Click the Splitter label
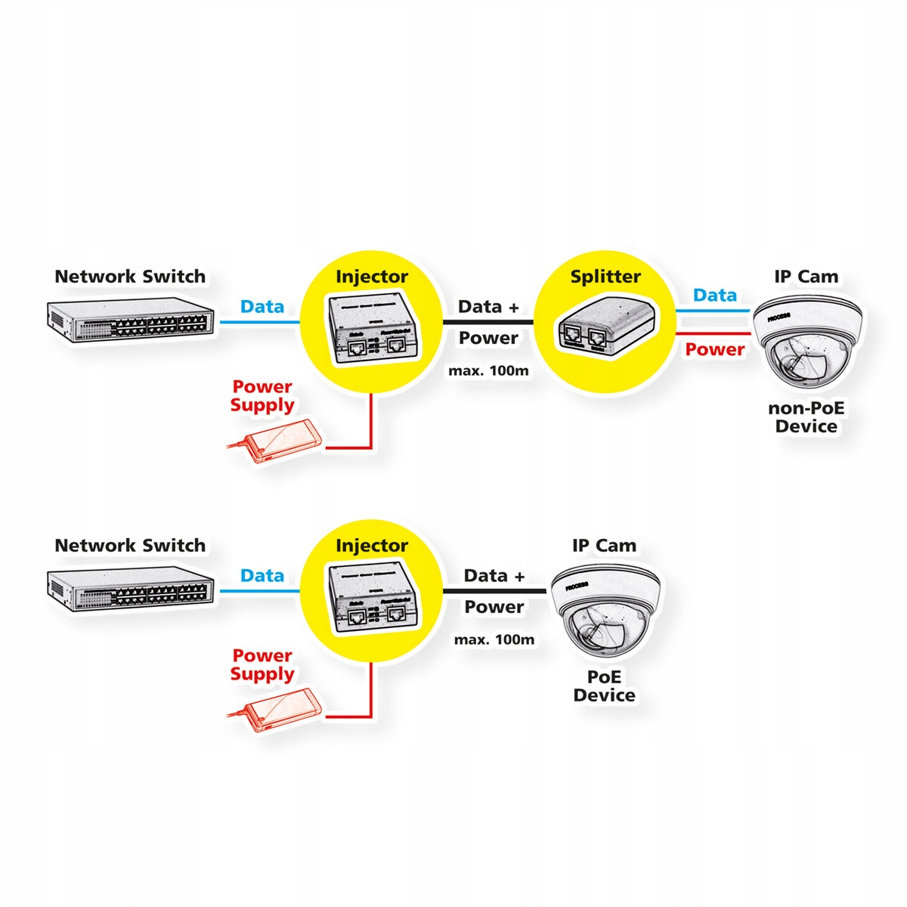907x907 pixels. (x=605, y=277)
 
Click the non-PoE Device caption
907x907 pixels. (x=806, y=417)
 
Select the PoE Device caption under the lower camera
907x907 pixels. (x=604, y=686)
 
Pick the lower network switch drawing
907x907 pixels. (x=130, y=590)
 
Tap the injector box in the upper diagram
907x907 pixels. (x=371, y=330)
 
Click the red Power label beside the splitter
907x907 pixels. (x=714, y=349)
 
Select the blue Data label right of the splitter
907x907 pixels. (x=714, y=295)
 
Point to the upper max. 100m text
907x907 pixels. (x=488, y=370)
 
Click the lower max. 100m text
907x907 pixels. (x=494, y=639)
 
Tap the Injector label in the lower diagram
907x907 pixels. (x=371, y=545)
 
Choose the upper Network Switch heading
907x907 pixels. (x=130, y=277)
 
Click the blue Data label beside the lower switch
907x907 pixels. (x=262, y=575)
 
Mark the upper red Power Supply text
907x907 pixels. (x=262, y=396)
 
